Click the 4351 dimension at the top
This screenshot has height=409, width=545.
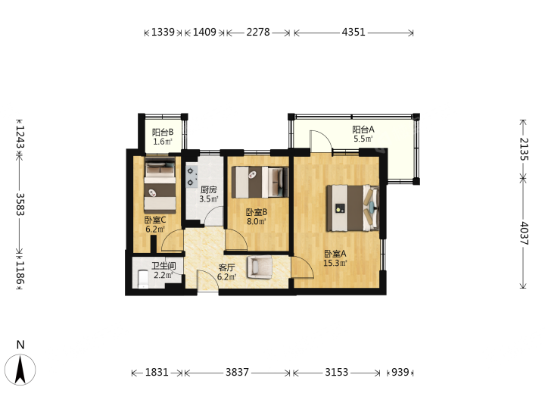[353, 33]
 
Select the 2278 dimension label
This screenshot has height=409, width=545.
[258, 33]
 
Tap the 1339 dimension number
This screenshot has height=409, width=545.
[163, 33]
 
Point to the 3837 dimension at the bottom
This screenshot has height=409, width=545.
[237, 373]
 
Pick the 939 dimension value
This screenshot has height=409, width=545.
[400, 373]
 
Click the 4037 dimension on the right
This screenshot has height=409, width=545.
[524, 233]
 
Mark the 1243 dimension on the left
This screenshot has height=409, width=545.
[20, 136]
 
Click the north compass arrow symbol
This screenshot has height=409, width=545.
[20, 370]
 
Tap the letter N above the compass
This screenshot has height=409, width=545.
[20, 345]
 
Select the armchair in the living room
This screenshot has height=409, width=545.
[259, 267]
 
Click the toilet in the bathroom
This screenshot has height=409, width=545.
[143, 279]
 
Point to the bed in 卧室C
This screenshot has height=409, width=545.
[160, 186]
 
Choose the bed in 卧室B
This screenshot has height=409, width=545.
[260, 183]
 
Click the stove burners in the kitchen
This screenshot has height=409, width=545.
[191, 176]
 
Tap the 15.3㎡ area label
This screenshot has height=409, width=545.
[335, 263]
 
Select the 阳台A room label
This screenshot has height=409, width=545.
[363, 130]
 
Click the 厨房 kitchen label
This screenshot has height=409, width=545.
[209, 190]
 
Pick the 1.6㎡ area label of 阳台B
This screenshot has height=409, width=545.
[163, 142]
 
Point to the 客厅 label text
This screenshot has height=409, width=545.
[226, 268]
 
